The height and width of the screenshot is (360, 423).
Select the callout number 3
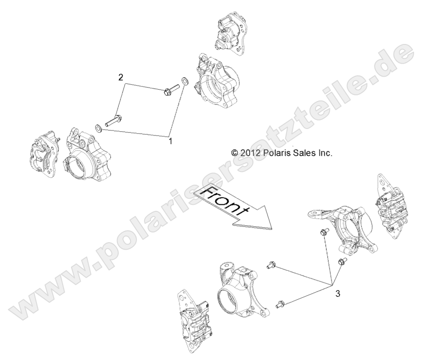[x=337, y=294]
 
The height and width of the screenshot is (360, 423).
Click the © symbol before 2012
[x=235, y=152]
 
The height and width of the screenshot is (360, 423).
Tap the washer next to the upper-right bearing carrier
[x=186, y=82]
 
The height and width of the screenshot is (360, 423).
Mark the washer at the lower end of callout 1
[x=99, y=129]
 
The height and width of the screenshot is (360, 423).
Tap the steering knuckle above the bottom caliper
[x=243, y=290]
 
